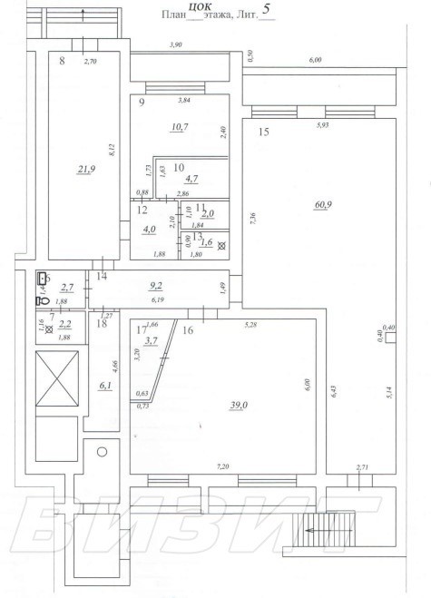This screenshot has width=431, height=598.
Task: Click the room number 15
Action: tap(263, 132)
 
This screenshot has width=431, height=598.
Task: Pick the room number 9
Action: tap(142, 102)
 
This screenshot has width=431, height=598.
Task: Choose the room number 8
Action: tap(62, 61)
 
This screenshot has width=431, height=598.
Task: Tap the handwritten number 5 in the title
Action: tap(266, 13)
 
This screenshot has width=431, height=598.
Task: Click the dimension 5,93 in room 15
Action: tap(321, 125)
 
